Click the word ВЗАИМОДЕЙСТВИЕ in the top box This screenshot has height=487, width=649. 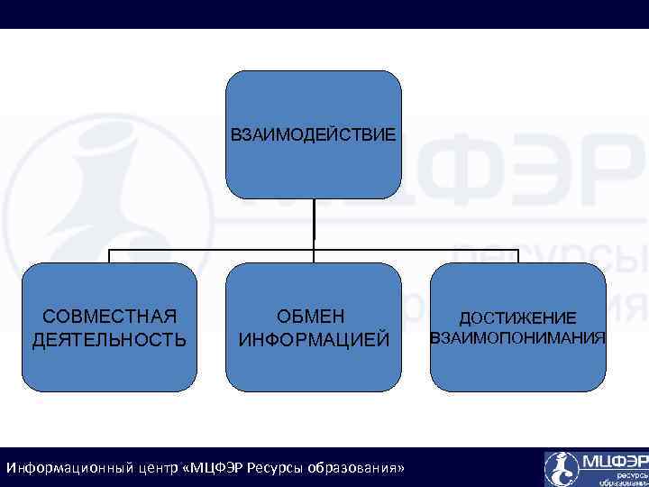click(313, 136)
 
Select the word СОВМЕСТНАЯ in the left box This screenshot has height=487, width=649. click(109, 316)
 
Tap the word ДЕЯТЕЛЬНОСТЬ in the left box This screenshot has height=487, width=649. click(109, 340)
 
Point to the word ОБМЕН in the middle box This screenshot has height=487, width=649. click(313, 316)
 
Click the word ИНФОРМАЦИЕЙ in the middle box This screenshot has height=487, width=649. click(313, 340)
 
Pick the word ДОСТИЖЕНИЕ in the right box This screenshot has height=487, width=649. click(517, 318)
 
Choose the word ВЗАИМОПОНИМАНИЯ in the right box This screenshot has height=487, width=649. click(517, 338)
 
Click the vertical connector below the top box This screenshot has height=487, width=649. click(314, 224)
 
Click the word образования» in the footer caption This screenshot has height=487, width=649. click(356, 469)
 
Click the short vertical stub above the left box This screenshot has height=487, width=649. click(109, 256)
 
